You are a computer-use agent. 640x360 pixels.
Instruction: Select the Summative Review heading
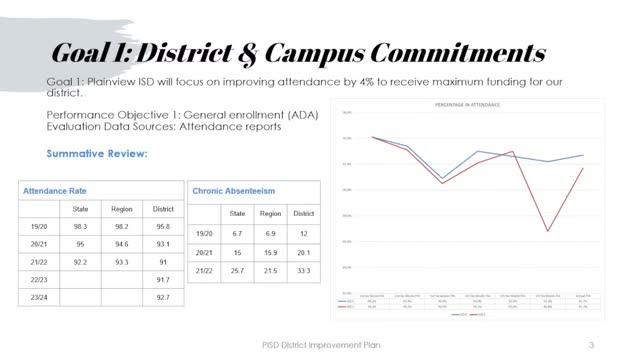point(97,154)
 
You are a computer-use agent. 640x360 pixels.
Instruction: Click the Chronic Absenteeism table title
point(234,190)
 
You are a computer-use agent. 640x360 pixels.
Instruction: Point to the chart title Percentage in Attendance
point(466,104)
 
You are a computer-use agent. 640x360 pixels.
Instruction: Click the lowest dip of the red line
point(547,232)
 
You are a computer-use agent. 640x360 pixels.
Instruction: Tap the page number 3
point(592,346)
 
